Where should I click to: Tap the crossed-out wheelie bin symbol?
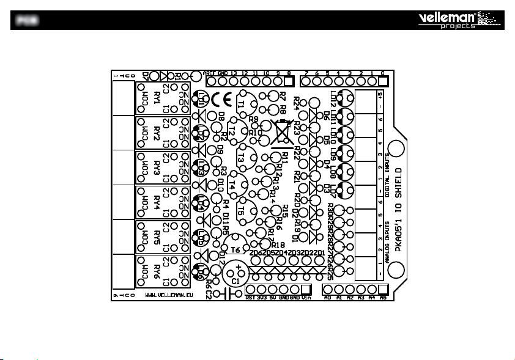(x=281, y=131)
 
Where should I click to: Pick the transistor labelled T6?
(x=235, y=249)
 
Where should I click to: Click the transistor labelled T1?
(x=243, y=104)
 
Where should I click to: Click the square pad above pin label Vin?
(x=306, y=289)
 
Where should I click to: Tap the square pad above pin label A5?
(x=383, y=289)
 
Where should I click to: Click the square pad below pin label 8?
(x=289, y=81)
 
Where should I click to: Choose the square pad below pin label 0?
(x=383, y=81)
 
